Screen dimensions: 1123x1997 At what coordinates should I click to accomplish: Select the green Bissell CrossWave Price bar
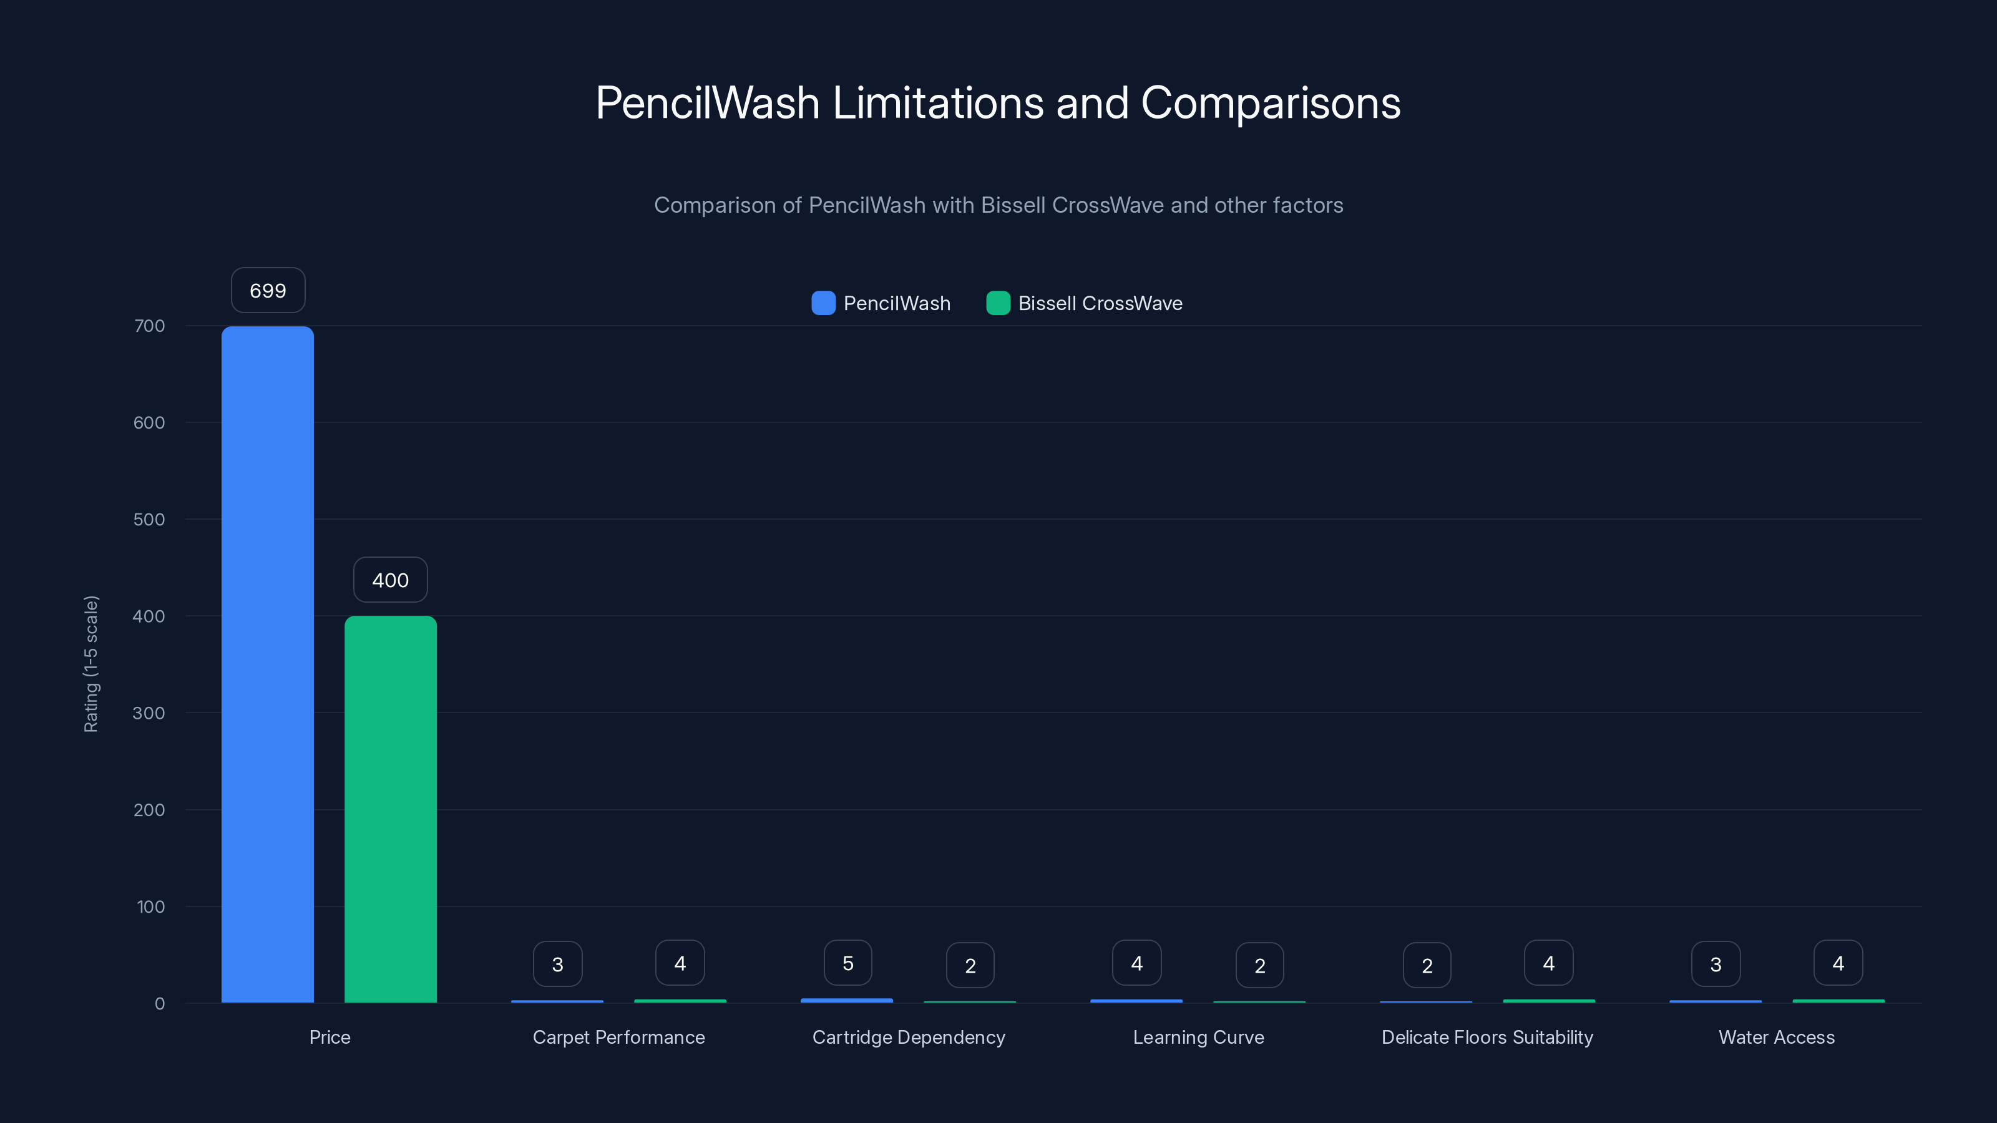(390, 809)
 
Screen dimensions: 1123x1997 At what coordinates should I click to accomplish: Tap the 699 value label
(268, 291)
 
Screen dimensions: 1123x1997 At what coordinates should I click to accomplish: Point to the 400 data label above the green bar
(390, 580)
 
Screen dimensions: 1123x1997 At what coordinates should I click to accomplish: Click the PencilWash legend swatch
(823, 303)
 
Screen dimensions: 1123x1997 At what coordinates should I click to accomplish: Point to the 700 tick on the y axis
(150, 326)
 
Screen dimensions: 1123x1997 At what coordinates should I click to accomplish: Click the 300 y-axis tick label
(149, 713)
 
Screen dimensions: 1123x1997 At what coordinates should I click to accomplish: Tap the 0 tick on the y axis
(160, 1004)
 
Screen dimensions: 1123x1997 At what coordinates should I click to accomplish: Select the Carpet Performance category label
(618, 1037)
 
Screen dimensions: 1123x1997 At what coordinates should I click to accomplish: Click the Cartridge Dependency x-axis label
(909, 1037)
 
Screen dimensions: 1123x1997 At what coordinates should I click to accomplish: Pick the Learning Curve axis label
(1198, 1037)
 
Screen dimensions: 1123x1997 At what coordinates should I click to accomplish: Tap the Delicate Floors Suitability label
(1487, 1037)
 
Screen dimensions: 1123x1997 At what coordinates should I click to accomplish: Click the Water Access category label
(1776, 1037)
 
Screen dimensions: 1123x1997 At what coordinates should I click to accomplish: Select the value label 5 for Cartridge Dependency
(847, 963)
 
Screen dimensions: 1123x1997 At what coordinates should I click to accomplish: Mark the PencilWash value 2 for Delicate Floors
(1427, 965)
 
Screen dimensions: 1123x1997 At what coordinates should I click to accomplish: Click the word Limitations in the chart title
(938, 103)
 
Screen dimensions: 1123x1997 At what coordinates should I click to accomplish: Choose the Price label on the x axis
(330, 1037)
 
